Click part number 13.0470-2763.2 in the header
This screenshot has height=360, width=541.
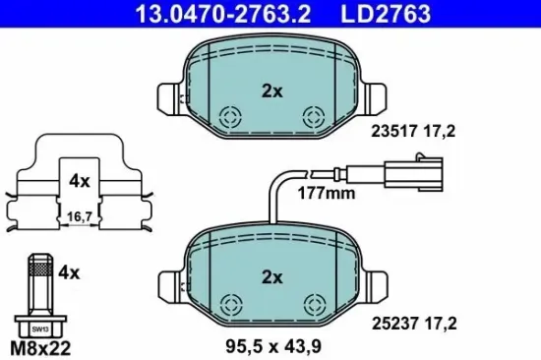pyautogui.click(x=223, y=13)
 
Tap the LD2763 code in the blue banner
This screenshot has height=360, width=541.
pyautogui.click(x=386, y=13)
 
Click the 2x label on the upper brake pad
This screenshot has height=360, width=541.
pyautogui.click(x=272, y=91)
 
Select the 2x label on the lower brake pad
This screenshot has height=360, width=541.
pyautogui.click(x=272, y=277)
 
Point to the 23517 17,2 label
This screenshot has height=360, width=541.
pyautogui.click(x=413, y=131)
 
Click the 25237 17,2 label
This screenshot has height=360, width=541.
pyautogui.click(x=414, y=324)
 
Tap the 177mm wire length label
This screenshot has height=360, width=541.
pyautogui.click(x=327, y=194)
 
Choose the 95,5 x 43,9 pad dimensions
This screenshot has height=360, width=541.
pyautogui.click(x=273, y=346)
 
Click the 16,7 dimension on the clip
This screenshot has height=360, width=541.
pyautogui.click(x=80, y=216)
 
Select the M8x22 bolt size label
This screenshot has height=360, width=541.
pyautogui.click(x=40, y=348)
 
